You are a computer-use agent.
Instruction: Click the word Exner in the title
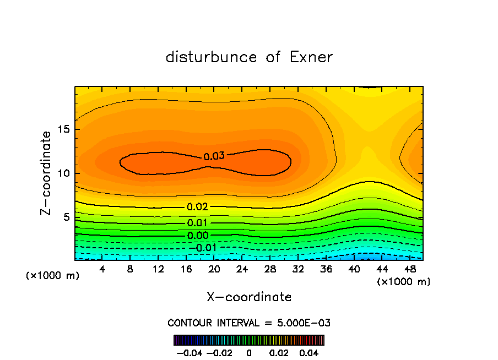[x=311, y=57]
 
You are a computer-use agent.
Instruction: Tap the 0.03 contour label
[x=214, y=156]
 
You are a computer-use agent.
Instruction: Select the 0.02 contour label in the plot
[x=197, y=207]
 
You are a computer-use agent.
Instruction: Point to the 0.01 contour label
[x=197, y=223]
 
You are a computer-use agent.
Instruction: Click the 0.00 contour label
[x=197, y=236]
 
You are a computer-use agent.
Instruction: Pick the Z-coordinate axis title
[x=47, y=173]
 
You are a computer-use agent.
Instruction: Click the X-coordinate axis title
[x=249, y=297]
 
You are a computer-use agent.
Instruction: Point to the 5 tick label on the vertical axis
[x=65, y=217]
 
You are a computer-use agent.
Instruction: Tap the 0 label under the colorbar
[x=248, y=352]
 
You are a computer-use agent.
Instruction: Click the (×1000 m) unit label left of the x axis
[x=53, y=275]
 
